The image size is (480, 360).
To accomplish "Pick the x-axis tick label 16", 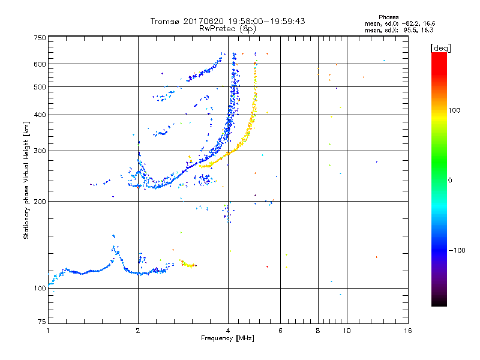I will (x=407, y=331).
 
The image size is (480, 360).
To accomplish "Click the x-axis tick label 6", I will (x=280, y=331).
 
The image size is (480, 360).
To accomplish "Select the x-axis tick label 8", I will (x=318, y=331).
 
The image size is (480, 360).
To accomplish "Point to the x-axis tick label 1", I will (x=48, y=331).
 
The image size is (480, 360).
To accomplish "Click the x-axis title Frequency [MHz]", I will (x=227, y=339).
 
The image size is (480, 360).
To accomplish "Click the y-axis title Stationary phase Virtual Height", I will (x=26, y=180).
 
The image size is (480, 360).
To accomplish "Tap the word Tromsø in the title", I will (x=164, y=21).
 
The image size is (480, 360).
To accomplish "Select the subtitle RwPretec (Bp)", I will (x=227, y=28).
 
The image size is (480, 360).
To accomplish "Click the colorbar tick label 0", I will (x=451, y=180).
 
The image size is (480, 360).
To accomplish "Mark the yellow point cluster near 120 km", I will (x=188, y=265).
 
